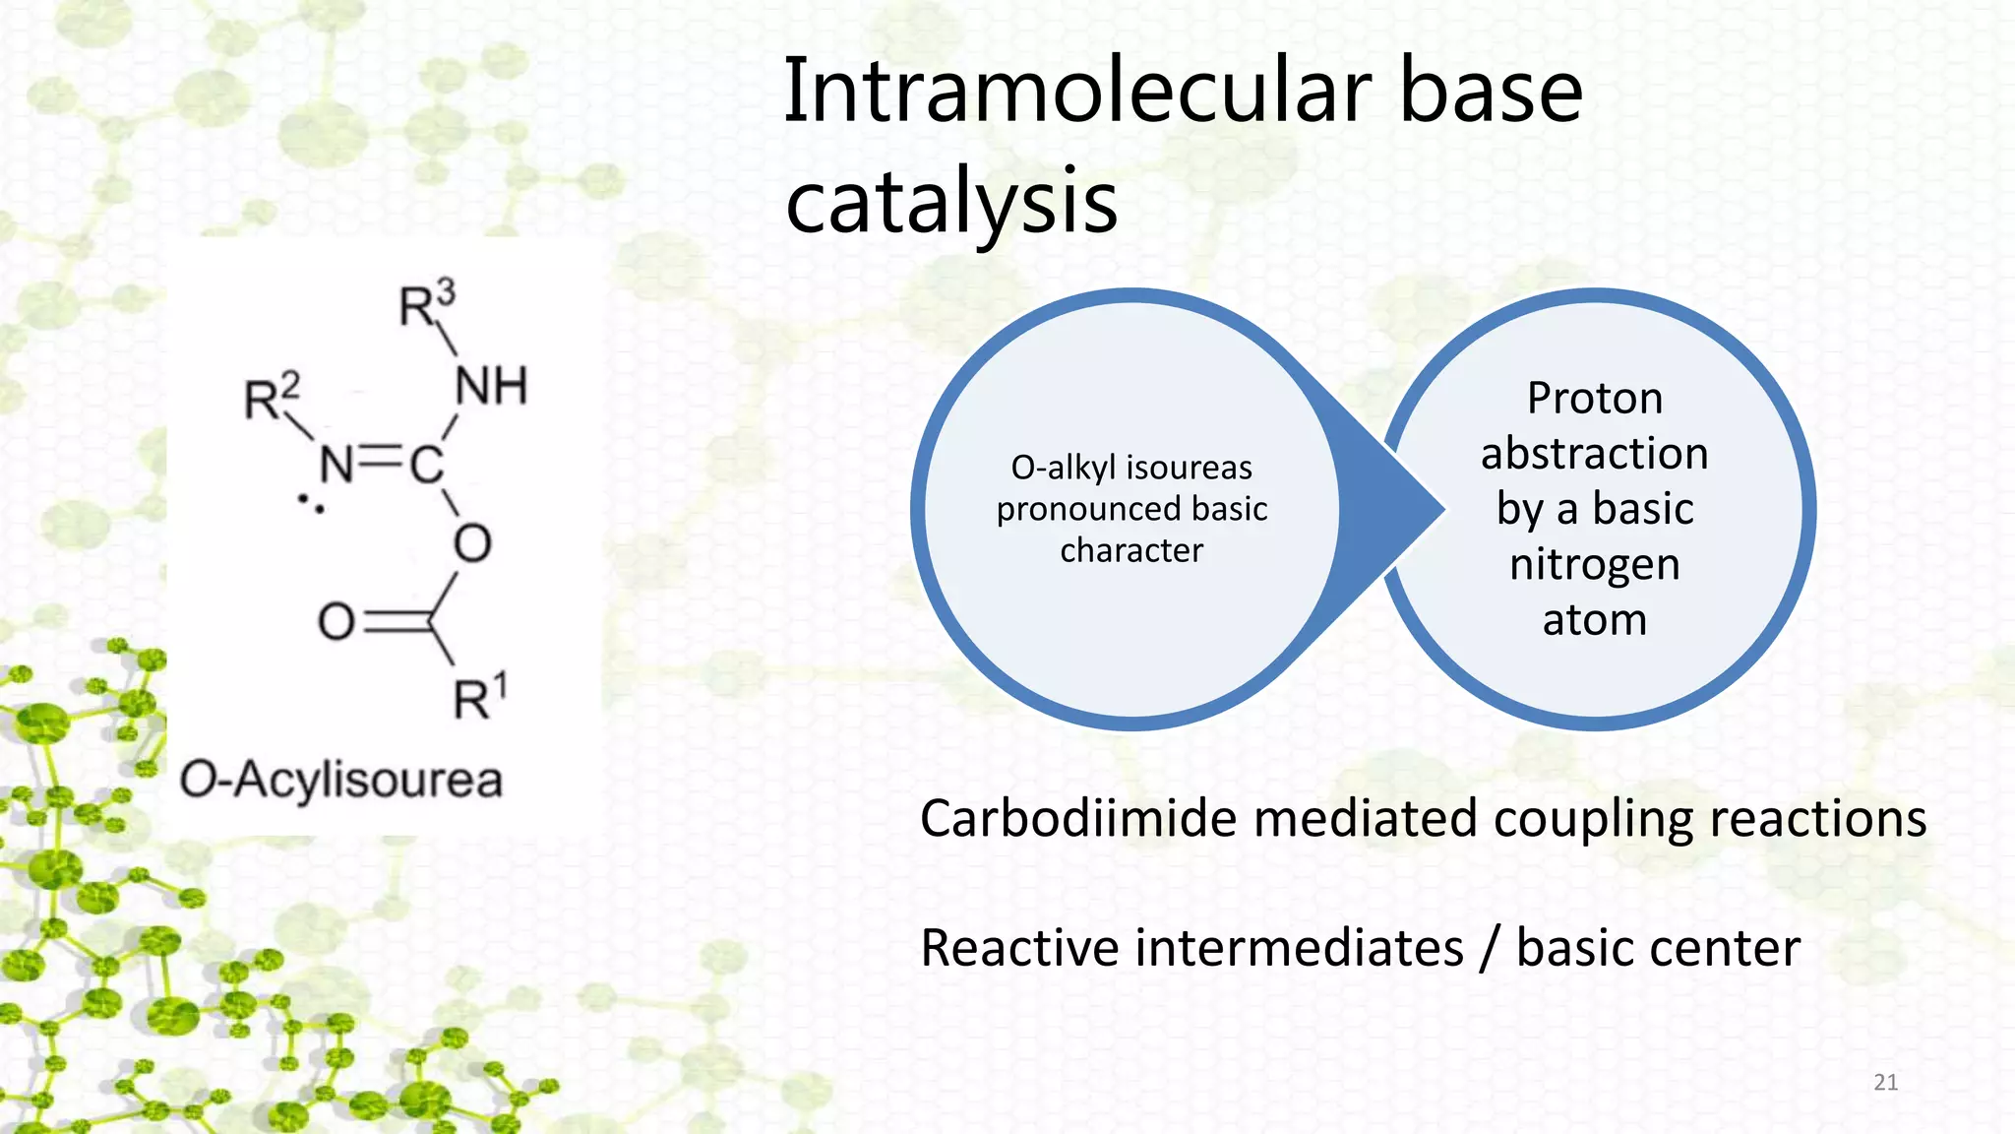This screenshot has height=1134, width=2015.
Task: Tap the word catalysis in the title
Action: point(950,202)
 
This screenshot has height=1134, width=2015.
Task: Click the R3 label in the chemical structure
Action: point(427,304)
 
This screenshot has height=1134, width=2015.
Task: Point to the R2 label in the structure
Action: point(272,397)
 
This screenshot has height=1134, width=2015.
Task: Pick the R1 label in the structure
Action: point(480,697)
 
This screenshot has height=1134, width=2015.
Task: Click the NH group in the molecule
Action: point(491,386)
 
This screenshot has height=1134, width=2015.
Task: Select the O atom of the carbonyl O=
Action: point(336,622)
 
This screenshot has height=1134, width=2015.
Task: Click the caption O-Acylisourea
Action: point(340,780)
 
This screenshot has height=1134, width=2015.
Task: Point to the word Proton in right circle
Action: point(1594,399)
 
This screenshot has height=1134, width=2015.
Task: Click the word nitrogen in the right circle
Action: point(1594,564)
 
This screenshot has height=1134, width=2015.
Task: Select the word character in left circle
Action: point(1130,550)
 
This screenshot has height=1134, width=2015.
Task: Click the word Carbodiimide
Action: point(1077,819)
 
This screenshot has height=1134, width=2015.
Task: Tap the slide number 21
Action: point(1884,1082)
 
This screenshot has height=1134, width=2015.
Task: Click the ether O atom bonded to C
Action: point(472,542)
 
